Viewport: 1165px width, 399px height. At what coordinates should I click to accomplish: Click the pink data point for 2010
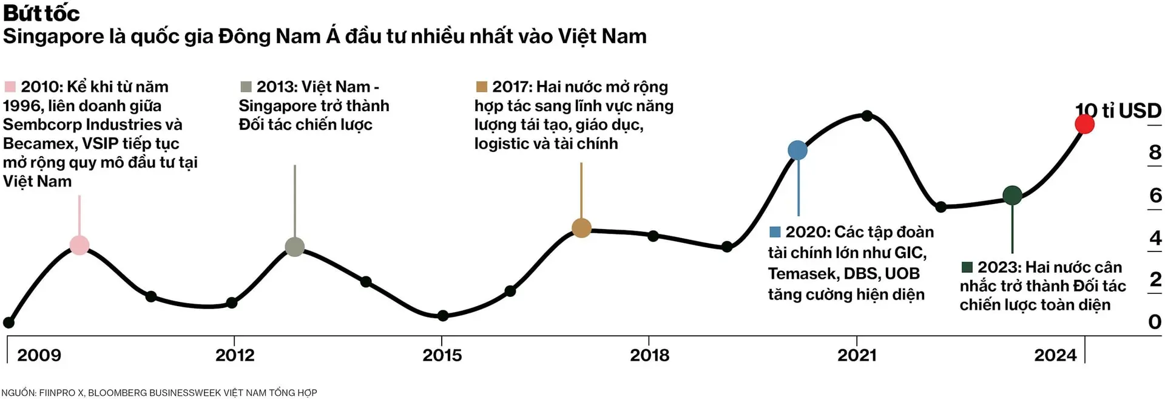(79, 245)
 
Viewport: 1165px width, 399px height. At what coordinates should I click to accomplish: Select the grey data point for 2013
(295, 247)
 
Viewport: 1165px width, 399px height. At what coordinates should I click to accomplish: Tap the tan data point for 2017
(581, 228)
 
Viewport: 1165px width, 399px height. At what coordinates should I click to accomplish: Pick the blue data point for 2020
(797, 150)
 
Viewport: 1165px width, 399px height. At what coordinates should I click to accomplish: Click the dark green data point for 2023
(1012, 196)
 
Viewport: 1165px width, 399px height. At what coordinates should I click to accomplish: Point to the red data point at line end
(1084, 124)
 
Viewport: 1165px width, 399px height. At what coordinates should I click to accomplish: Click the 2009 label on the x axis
(39, 355)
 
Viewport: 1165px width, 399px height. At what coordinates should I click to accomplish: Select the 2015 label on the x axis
(442, 355)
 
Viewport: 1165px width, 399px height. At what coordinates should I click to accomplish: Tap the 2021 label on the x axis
(857, 355)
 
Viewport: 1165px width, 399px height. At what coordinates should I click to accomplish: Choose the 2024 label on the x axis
(1055, 355)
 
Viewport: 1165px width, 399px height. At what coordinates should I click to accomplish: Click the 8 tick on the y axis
(1155, 152)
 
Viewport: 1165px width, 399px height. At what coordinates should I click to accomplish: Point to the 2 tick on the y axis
(1155, 280)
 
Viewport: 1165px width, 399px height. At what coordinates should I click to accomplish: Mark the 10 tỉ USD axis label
(1118, 111)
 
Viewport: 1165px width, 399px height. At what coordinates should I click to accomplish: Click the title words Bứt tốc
(41, 13)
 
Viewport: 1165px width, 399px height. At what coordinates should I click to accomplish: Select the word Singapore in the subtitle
(53, 36)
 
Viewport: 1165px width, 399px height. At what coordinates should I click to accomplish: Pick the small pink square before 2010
(10, 87)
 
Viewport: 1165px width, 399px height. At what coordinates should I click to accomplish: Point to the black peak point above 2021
(867, 115)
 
